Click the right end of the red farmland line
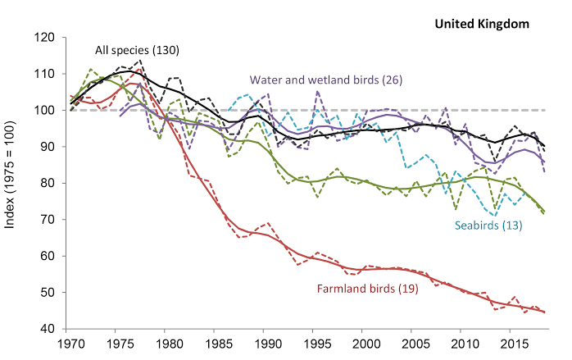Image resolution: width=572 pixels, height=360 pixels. coord(545,312)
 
